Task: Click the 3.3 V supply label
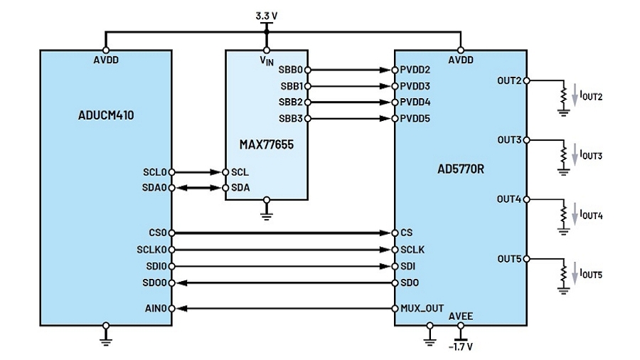(x=266, y=16)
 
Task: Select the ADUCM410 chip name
(x=106, y=115)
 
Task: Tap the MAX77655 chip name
(x=266, y=144)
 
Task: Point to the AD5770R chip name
(x=460, y=169)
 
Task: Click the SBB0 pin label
(x=291, y=70)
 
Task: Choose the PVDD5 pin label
(x=415, y=118)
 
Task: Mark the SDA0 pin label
(x=154, y=188)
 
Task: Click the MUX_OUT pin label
(x=422, y=309)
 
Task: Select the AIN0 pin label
(x=156, y=309)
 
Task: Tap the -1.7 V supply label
(x=460, y=347)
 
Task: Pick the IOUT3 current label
(x=591, y=155)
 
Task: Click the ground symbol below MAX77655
(x=267, y=215)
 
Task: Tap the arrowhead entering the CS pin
(x=385, y=233)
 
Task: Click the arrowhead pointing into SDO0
(x=181, y=283)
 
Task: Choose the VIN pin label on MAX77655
(x=267, y=60)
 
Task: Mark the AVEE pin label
(x=461, y=317)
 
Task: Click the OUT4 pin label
(x=509, y=199)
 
